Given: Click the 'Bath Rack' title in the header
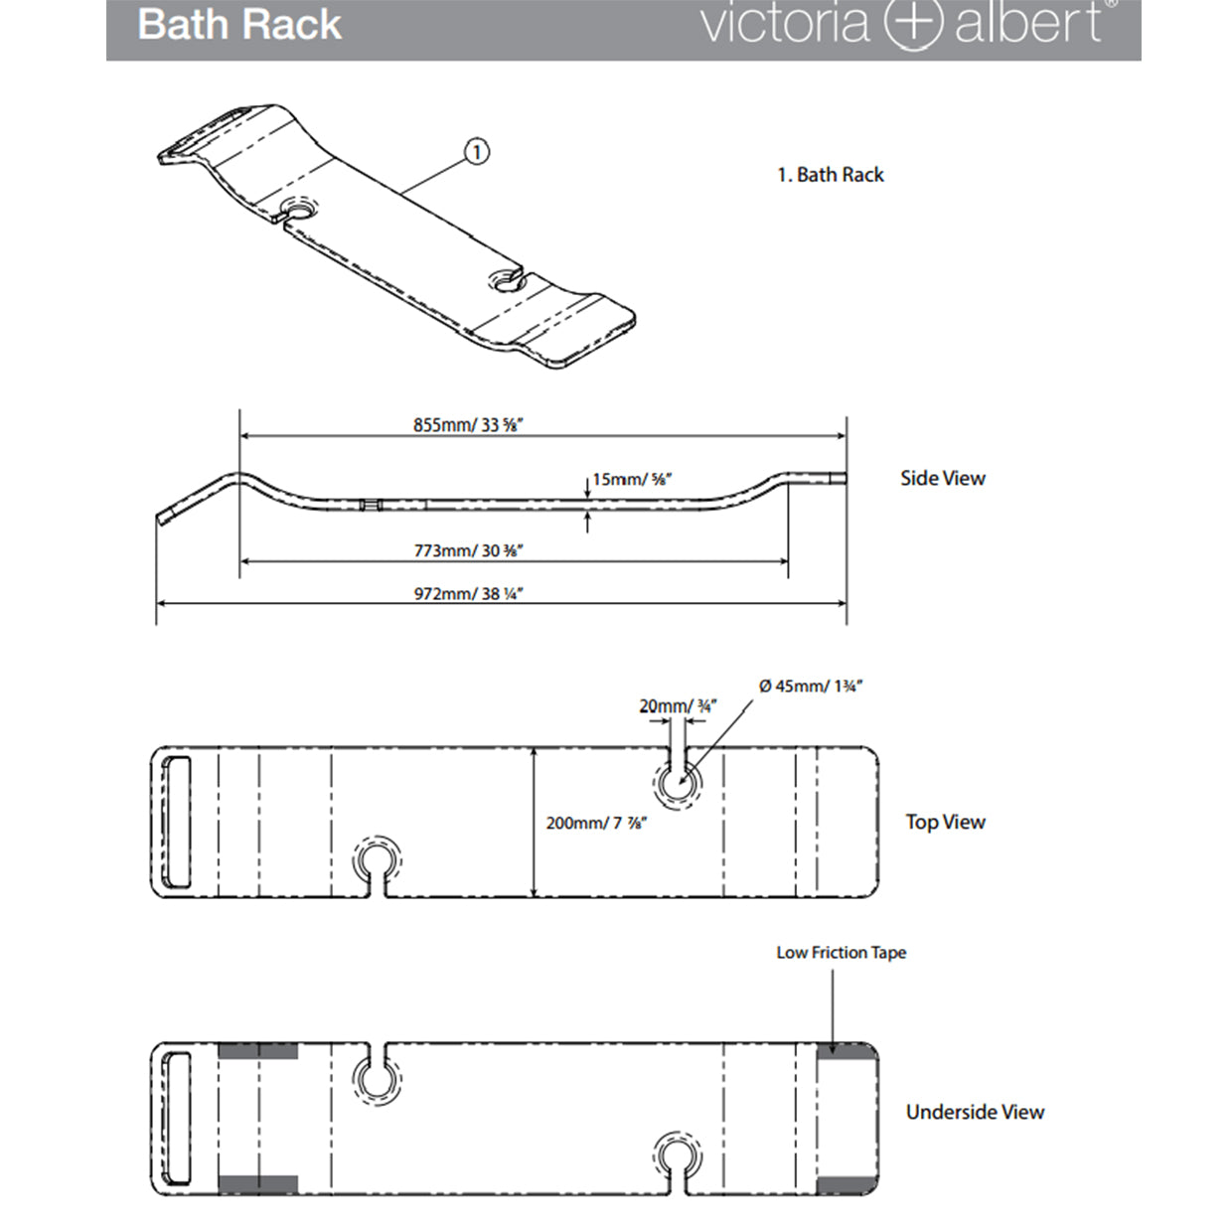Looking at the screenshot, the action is (239, 25).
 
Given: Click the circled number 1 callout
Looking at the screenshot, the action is (476, 152).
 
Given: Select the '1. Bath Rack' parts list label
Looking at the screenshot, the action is (830, 175).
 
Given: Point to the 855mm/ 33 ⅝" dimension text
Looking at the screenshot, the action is (468, 425).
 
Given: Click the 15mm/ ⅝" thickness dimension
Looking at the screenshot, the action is (632, 479).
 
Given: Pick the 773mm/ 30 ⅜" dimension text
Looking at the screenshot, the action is (469, 550).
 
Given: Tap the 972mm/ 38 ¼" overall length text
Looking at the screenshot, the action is (469, 594).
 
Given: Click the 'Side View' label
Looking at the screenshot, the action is (943, 478).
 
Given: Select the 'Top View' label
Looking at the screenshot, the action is (945, 822).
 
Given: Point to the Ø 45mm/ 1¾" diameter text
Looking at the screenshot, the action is (811, 686).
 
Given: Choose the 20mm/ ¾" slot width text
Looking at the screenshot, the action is (678, 706).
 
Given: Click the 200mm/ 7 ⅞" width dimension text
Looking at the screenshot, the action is (596, 823).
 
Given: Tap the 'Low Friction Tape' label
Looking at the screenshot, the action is (842, 953).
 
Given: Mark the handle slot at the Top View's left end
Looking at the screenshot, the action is (179, 823).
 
